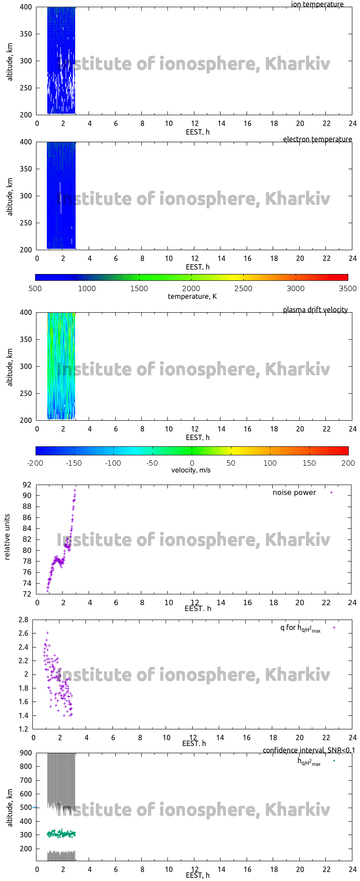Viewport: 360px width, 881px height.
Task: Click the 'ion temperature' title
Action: coord(317,4)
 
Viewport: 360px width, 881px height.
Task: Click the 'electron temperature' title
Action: coord(317,139)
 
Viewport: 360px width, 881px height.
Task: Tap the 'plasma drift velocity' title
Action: coord(315,310)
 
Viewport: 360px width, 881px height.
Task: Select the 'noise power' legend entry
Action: coord(294,492)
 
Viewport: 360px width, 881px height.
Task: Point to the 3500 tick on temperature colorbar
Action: coord(348,288)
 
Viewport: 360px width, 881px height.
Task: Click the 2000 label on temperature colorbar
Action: coord(191,288)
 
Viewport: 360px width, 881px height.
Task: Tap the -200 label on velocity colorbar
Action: coord(36,463)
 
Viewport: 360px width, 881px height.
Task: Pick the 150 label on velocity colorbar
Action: coord(309,463)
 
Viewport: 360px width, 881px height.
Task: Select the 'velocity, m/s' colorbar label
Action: coord(191,470)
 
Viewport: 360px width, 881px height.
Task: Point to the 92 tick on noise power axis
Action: coord(27,485)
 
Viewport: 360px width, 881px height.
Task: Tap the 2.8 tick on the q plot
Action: coord(23,620)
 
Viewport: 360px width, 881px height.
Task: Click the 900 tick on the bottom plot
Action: coord(26,753)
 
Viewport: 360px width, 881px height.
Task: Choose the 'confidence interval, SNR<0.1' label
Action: coord(309,750)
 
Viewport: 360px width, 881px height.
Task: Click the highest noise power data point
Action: coord(75,490)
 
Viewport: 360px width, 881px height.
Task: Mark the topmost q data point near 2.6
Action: coord(47,633)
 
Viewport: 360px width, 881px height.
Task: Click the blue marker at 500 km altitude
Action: coord(34,807)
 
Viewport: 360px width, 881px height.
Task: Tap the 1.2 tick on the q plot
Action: coord(23,729)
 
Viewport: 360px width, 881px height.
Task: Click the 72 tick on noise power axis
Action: coord(27,594)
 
